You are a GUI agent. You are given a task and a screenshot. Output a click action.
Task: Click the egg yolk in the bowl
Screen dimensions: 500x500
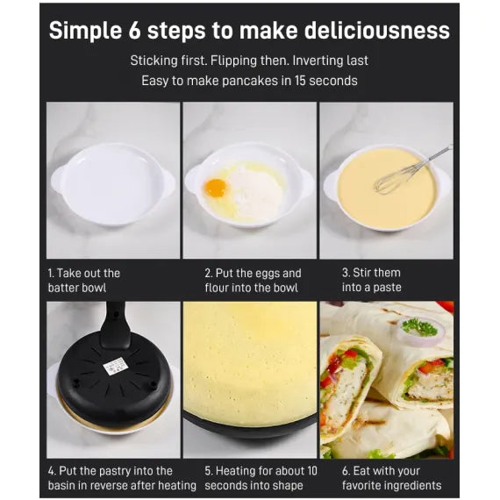click(216, 188)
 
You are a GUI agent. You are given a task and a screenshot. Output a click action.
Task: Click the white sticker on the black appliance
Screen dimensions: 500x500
click(116, 367)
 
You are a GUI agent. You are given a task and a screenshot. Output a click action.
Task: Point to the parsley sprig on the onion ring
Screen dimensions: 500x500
click(419, 327)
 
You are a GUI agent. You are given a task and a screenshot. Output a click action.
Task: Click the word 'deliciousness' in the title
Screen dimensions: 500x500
click(376, 31)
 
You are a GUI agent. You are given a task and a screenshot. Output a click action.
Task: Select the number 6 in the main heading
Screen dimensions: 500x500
click(134, 31)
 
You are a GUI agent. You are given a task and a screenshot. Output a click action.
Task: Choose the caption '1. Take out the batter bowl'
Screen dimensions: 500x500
click(84, 281)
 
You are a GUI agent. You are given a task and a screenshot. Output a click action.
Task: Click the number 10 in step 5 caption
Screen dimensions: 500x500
click(312, 471)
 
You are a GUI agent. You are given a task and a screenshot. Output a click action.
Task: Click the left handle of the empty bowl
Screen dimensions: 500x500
click(58, 180)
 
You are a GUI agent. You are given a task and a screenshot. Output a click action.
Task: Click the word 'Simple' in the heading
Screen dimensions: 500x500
click(85, 32)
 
